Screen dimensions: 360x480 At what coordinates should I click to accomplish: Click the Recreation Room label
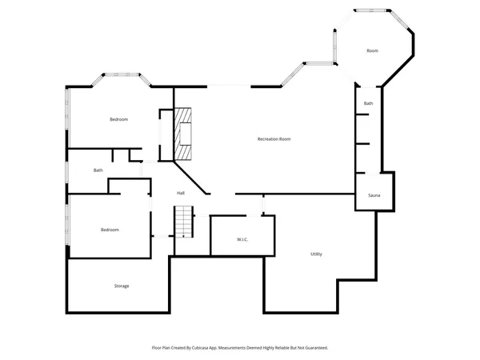tap(274, 139)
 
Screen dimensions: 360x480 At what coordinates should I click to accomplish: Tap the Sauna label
tap(374, 196)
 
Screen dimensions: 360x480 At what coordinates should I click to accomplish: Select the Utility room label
tap(316, 254)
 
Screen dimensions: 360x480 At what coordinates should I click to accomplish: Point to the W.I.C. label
tap(243, 239)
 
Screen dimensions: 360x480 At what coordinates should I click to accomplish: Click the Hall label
tap(181, 193)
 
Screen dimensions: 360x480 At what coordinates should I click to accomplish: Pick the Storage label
tap(121, 286)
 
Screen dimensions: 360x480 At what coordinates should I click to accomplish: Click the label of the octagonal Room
tap(372, 51)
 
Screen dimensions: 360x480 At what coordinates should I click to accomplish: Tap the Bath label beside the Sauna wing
tap(368, 103)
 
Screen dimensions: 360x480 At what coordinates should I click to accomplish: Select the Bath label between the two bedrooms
tap(98, 170)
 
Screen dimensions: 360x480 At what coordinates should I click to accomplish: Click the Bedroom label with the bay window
tap(118, 119)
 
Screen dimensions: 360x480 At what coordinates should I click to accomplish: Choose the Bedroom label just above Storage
tap(110, 230)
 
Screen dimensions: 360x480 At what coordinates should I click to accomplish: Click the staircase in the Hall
tap(185, 221)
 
